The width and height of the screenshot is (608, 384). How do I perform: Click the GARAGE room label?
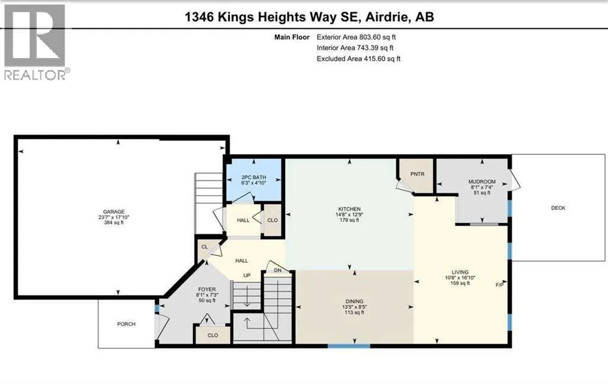[x=113, y=211]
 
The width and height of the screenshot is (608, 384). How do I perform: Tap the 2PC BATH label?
[x=254, y=177]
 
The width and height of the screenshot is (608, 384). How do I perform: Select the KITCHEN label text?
[x=349, y=209]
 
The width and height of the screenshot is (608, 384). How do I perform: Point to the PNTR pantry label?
[x=417, y=174]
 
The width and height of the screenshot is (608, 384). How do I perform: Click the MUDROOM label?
[x=482, y=182]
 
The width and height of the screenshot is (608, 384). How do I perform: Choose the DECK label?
[x=558, y=208]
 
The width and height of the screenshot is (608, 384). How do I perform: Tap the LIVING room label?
[x=460, y=272]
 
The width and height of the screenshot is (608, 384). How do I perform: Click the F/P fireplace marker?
[x=499, y=285]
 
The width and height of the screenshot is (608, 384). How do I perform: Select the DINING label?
[x=354, y=301]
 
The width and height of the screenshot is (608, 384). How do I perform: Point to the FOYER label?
[x=207, y=290]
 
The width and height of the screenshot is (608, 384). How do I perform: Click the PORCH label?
[x=126, y=324]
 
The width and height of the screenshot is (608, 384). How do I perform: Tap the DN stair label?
[x=278, y=271]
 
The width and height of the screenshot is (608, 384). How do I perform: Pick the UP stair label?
[x=246, y=275]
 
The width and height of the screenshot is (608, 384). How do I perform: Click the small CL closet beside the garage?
[x=204, y=247]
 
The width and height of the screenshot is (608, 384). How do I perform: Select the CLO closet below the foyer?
[x=213, y=335]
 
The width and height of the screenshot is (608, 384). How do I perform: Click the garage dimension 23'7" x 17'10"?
[x=113, y=217]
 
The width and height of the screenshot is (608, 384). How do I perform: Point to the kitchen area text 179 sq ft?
[x=349, y=220]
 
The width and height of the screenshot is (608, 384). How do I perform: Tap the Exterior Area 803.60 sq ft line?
[x=356, y=37]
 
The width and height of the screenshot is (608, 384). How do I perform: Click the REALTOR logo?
[x=34, y=42]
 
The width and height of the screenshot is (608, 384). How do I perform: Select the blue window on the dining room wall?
[x=349, y=346]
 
